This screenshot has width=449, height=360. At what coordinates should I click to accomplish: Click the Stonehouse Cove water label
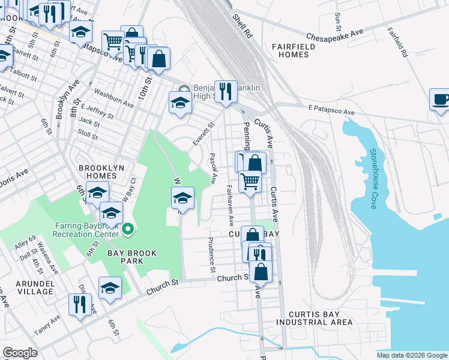tap(373, 179)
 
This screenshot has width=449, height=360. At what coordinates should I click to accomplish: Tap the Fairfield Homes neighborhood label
tap(290, 50)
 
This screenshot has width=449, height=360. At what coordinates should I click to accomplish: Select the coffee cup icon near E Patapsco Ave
tap(441, 99)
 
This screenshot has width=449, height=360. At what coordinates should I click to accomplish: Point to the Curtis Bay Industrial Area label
tap(315, 318)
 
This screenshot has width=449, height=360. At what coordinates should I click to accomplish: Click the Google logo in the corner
tap(20, 352)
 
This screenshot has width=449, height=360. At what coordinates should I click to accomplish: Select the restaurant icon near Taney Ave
tap(79, 304)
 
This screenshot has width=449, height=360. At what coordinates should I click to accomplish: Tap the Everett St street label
tap(203, 134)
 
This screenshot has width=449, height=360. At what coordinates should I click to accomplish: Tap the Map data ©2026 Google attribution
tap(411, 355)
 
